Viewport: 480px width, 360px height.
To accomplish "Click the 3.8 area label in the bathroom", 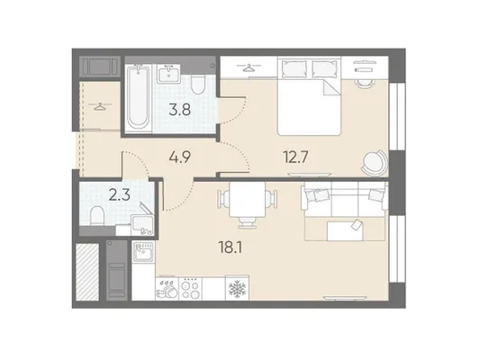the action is click(x=180, y=110).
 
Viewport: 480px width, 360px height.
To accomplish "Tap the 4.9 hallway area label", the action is click(x=180, y=157).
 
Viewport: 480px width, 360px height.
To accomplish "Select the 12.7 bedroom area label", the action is click(x=295, y=157).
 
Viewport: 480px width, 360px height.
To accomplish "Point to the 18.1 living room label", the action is click(x=231, y=247).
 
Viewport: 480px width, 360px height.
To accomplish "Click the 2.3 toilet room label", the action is click(x=120, y=195).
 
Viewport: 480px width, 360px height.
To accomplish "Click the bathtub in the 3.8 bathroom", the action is click(x=138, y=98).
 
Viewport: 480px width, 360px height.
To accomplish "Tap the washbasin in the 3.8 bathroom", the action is click(x=168, y=74).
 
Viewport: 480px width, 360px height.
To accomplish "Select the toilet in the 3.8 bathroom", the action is click(x=198, y=85).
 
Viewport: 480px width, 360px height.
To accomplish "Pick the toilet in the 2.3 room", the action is click(x=97, y=216).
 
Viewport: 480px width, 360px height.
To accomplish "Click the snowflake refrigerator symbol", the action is click(x=237, y=289).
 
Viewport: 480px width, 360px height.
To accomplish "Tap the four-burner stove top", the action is click(x=190, y=289).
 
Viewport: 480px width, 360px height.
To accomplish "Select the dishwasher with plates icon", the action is click(x=167, y=289).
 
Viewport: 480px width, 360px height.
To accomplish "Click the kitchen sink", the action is click(x=143, y=252).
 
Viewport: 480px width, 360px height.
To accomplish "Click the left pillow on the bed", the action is click(x=294, y=68).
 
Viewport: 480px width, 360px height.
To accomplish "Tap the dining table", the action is click(x=248, y=200).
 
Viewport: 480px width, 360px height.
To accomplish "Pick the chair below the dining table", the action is click(x=247, y=223).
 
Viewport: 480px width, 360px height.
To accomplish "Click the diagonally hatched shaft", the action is click(x=87, y=272).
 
